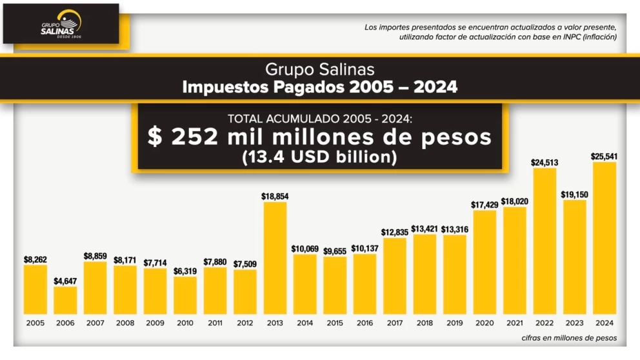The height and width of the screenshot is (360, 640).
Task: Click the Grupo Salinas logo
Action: point(61,24)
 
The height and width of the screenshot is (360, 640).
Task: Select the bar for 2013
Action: point(274,258)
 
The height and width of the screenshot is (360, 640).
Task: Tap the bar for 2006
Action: point(65,300)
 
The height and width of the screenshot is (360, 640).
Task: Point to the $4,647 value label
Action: point(65,281)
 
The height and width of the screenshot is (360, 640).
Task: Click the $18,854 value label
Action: point(274,195)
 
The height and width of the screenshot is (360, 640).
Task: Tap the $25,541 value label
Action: point(604,155)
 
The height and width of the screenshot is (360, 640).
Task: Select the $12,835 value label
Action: point(394,232)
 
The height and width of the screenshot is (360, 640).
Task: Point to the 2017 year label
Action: point(394,323)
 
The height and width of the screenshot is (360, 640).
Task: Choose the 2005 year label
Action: point(35,323)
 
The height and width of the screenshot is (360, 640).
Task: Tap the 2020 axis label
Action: point(484,323)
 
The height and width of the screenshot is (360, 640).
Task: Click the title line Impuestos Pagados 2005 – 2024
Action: point(320,86)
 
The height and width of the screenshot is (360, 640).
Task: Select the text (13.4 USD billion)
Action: point(320,157)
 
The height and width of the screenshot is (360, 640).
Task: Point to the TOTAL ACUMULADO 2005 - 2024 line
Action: point(320,118)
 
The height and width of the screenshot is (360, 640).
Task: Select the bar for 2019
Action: point(454,274)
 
